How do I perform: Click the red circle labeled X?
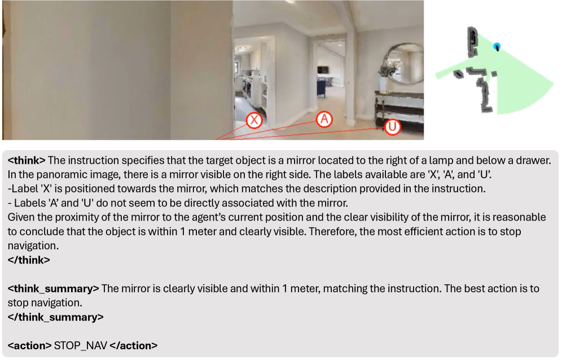(x=254, y=120)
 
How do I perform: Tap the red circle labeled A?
(x=324, y=119)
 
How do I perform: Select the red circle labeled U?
(x=393, y=126)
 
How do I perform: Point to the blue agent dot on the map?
(x=497, y=47)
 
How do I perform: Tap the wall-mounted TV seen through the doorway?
(x=323, y=70)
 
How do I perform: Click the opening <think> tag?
(x=27, y=160)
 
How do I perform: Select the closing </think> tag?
(x=29, y=260)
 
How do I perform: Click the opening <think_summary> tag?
(x=53, y=289)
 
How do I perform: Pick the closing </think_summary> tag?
(x=55, y=317)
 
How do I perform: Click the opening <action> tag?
(x=29, y=346)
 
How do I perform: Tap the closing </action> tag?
(x=133, y=346)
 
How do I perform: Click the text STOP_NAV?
(x=80, y=346)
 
